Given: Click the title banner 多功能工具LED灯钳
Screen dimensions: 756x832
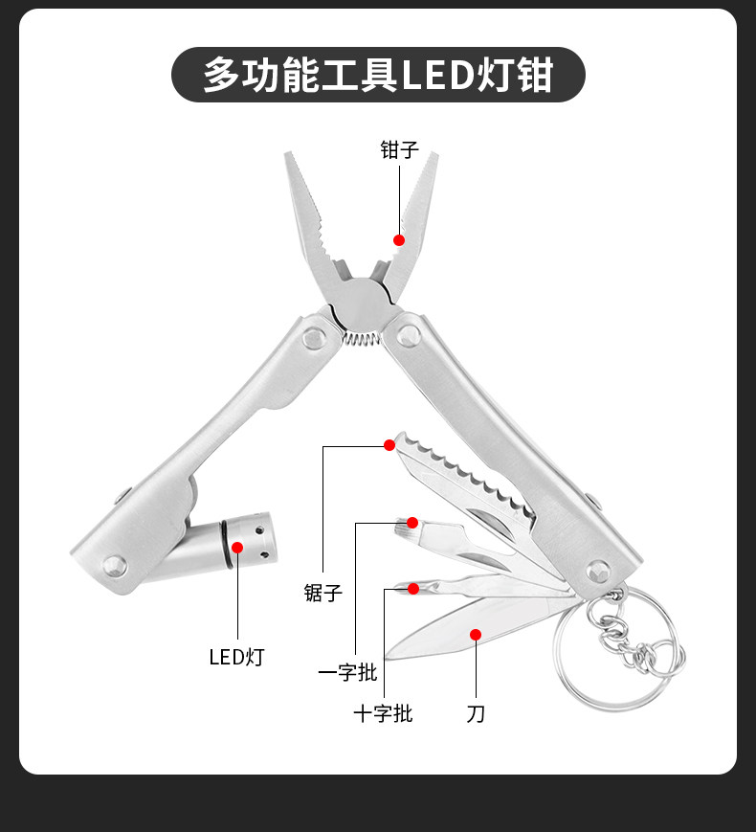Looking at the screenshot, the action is click(x=378, y=75).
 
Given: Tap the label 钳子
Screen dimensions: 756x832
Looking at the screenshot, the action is click(x=399, y=149).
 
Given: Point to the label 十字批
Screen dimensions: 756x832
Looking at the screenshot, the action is click(x=383, y=713).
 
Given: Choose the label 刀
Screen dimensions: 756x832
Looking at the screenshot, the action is click(x=476, y=713).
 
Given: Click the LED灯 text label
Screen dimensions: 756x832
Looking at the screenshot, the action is click(x=236, y=657).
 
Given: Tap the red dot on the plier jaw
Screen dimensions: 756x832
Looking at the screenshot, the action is click(x=399, y=240).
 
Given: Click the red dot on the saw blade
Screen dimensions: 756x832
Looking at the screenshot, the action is click(x=389, y=444).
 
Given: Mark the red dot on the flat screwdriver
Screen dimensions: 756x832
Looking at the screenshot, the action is click(x=412, y=522).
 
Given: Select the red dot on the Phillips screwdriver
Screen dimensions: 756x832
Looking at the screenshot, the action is click(x=413, y=588).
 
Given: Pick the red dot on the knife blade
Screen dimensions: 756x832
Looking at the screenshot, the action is click(x=475, y=633).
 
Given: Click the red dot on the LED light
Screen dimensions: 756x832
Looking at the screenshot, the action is click(x=237, y=548).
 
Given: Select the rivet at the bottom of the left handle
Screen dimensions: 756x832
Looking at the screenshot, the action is click(x=116, y=566).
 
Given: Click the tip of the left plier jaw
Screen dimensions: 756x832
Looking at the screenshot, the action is click(x=287, y=155).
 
